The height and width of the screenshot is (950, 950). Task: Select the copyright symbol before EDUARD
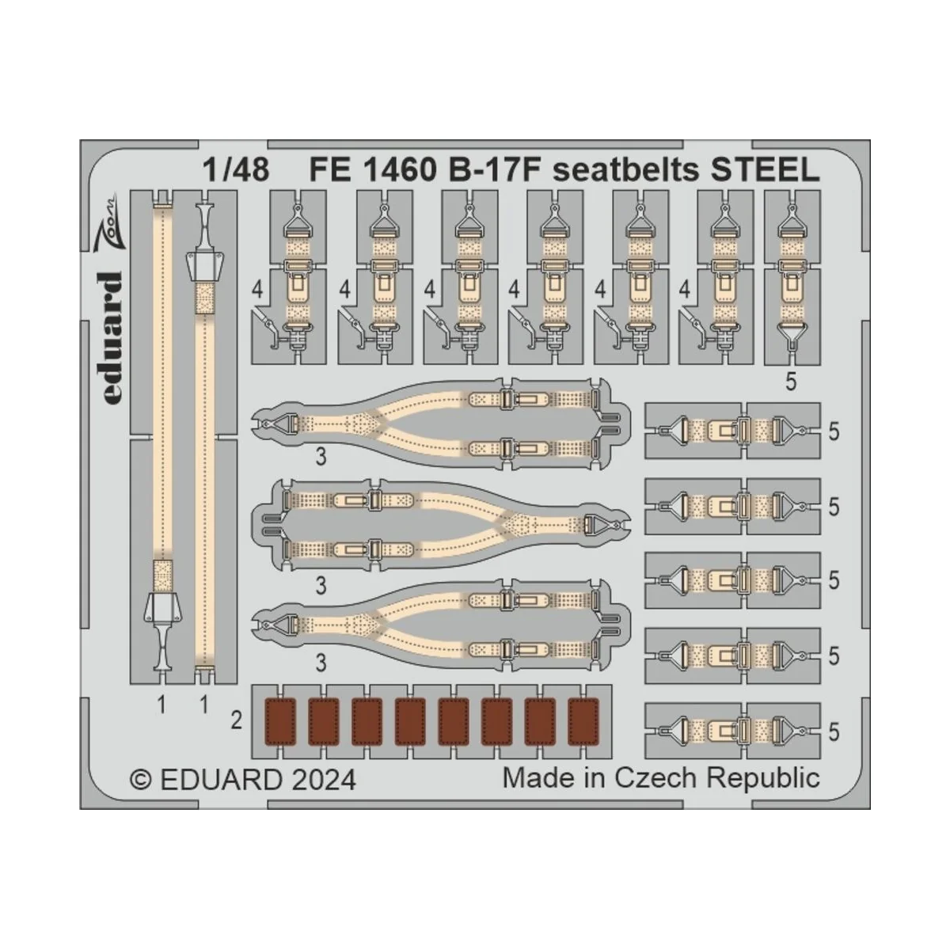pyautogui.click(x=140, y=780)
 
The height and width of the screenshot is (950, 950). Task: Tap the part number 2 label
pyautogui.click(x=236, y=720)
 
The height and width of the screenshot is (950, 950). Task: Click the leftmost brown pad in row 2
pyautogui.click(x=278, y=720)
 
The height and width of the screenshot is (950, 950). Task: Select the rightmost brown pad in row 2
pyautogui.click(x=583, y=720)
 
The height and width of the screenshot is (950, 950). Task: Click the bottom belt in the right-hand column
pyautogui.click(x=732, y=731)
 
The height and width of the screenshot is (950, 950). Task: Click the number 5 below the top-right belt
pyautogui.click(x=791, y=382)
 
